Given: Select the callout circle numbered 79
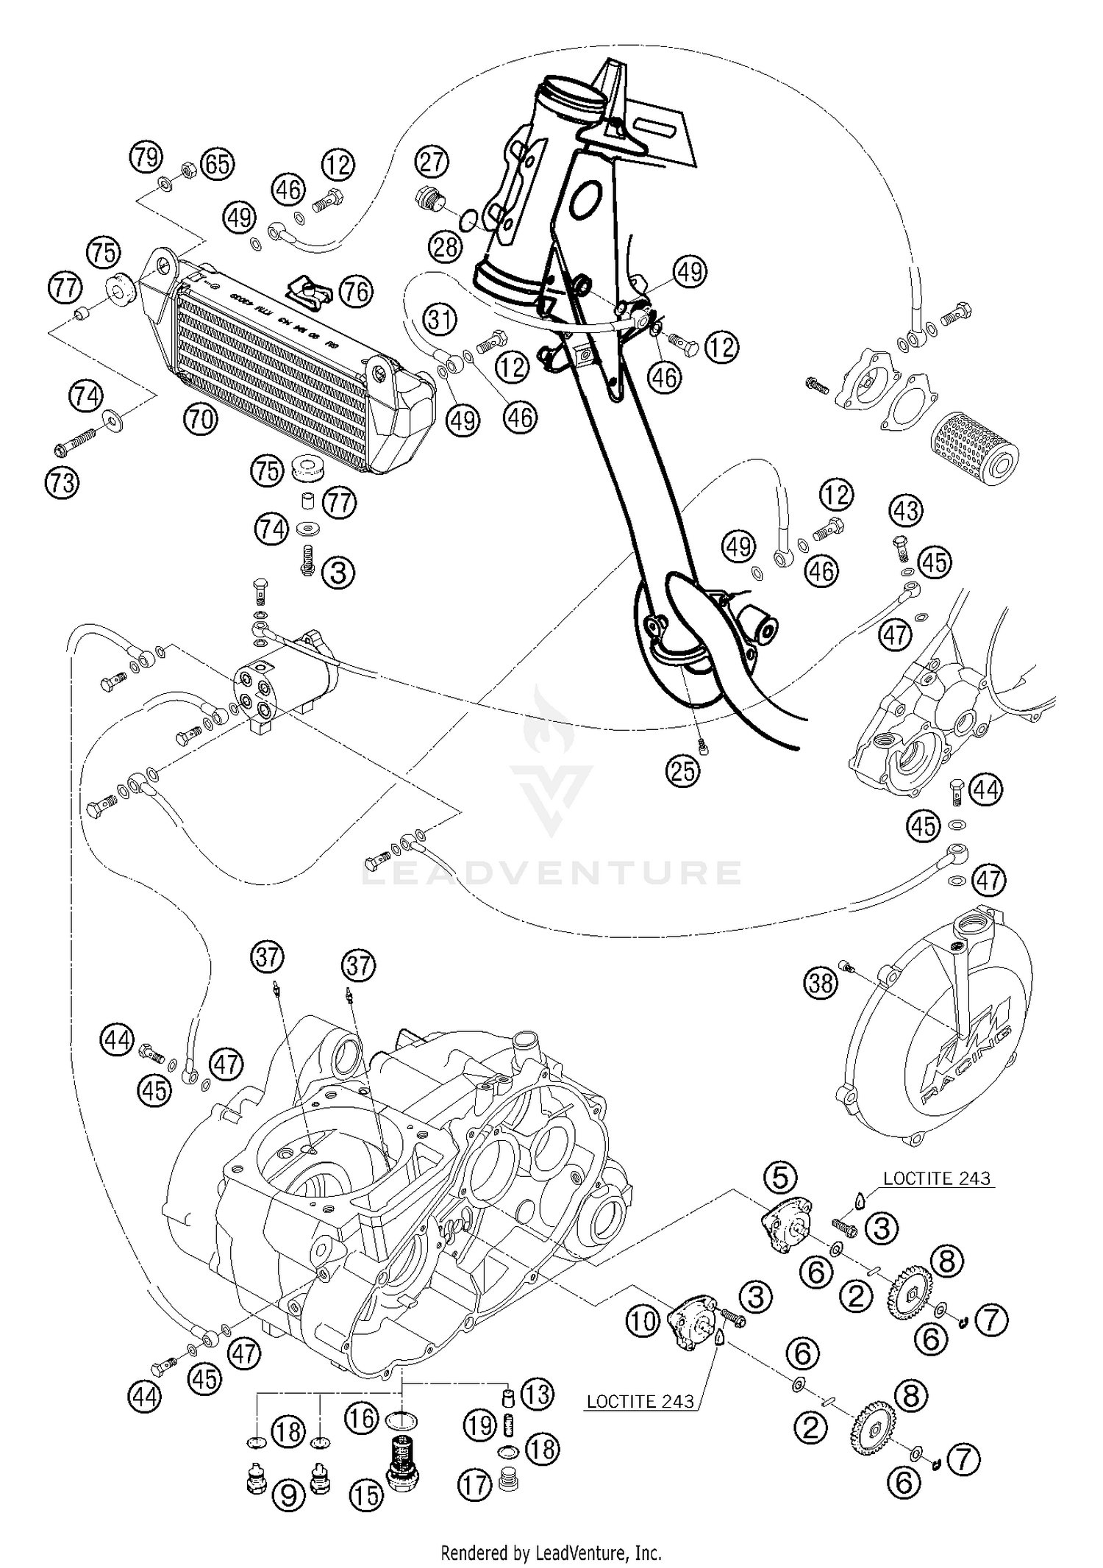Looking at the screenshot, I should click(146, 157).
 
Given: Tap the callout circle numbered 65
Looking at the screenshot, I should click(218, 165).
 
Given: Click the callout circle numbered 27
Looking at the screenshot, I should click(432, 161).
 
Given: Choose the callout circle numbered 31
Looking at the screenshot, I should click(439, 319).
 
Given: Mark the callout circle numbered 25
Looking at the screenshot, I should click(683, 770).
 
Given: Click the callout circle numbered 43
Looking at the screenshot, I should click(906, 510).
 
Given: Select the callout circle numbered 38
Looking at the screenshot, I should click(821, 982).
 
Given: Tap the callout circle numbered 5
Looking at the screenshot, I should click(780, 1177).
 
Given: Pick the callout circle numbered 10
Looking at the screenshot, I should click(643, 1321).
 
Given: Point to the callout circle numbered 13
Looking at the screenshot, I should click(538, 1394).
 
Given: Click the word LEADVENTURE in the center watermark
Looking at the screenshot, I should click(551, 873).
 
